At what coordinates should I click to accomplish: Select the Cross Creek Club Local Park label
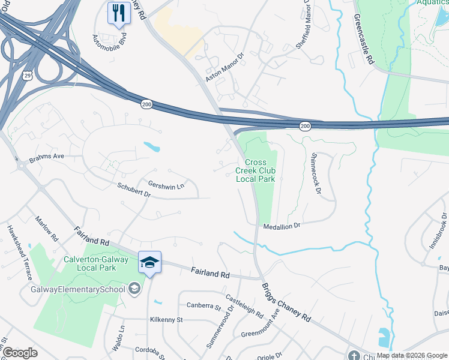[259, 170]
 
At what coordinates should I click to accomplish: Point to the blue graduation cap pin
[149, 262]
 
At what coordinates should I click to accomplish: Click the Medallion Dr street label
[281, 225]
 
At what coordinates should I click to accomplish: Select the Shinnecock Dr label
[316, 172]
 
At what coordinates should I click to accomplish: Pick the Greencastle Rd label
[364, 39]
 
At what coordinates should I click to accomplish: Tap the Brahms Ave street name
[46, 158]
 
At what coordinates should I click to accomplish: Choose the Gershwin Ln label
[166, 187]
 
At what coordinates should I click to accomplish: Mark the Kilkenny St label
[167, 320]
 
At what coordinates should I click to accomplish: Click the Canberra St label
[204, 307]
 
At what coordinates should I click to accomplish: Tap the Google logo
[20, 353]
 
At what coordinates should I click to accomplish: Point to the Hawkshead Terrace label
[19, 253]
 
